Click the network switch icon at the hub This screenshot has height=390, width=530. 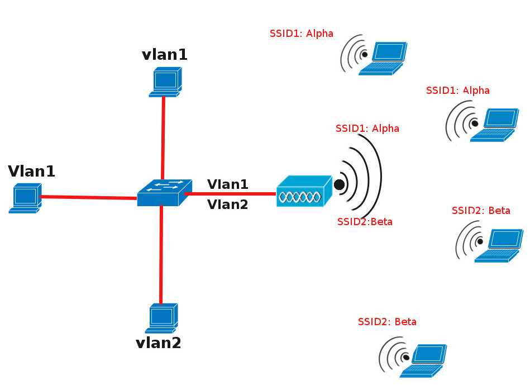coord(164,192)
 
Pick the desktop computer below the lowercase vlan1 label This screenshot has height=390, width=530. coord(165,82)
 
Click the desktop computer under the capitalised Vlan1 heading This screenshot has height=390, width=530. coord(25,198)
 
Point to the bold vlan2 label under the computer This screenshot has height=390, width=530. coord(159,343)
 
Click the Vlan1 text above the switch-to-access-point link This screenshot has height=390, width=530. coord(227,184)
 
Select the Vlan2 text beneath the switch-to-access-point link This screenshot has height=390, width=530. coord(227,204)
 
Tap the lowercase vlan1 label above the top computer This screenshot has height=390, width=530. coord(165,54)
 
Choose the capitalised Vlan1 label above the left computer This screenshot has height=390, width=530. coord(32,171)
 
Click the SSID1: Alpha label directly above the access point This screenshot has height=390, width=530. coord(367,128)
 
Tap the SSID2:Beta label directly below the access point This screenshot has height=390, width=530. coord(365,222)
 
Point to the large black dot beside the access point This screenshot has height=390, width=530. coord(339,184)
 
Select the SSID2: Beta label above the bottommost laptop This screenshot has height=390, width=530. coord(387,322)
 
